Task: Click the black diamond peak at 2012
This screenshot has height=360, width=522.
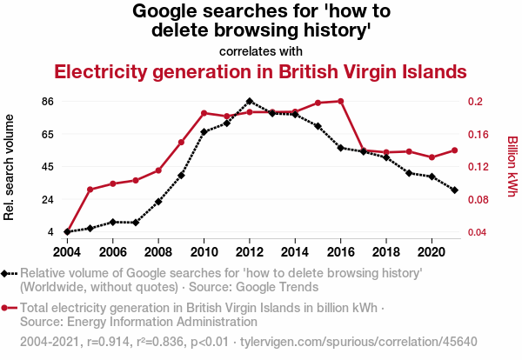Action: point(250,101)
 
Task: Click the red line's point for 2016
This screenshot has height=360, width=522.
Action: point(340,101)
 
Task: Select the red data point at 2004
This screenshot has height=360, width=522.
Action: point(67,232)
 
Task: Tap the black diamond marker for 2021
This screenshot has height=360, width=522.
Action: point(454,190)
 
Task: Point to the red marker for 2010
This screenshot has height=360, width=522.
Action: point(204,113)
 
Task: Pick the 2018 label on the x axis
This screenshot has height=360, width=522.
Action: point(385,251)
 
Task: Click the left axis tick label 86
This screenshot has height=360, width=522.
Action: point(48,102)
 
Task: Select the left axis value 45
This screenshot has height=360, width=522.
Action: point(48,167)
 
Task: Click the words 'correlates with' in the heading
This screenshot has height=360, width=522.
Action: point(260,51)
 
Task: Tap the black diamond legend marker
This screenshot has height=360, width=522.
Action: point(9,274)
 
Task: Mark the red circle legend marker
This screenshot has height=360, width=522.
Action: point(9,308)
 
